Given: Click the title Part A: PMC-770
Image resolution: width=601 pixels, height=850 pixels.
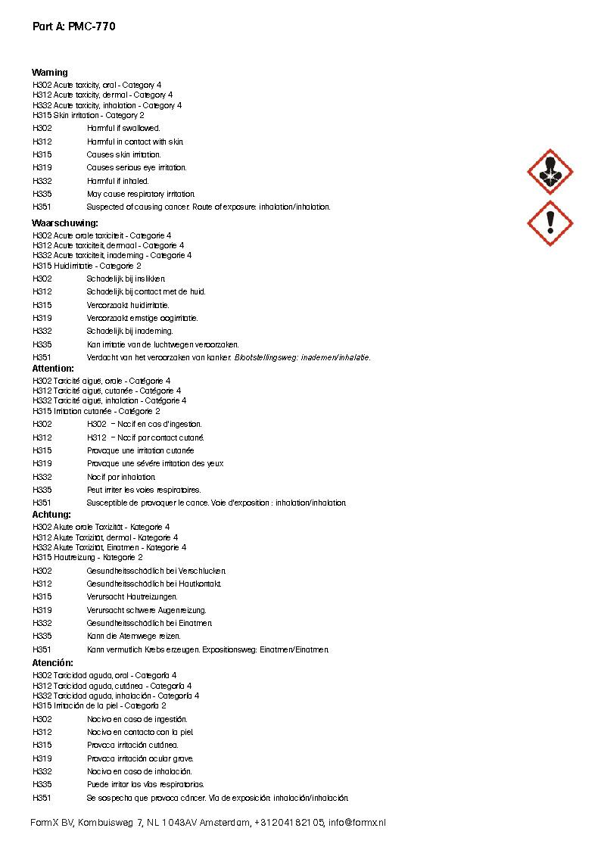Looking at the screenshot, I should point(74,26).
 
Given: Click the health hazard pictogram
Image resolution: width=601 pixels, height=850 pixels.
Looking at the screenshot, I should point(550,173).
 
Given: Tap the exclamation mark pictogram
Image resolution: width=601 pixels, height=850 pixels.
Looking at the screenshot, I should point(550,223).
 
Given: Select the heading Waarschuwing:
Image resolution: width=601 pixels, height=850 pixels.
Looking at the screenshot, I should point(65,223).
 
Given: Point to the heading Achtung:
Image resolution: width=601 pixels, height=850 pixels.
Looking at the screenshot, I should point(51,515).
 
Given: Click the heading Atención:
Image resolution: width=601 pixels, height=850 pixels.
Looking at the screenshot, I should point(53,663).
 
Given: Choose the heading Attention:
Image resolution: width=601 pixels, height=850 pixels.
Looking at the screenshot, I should point(53,369).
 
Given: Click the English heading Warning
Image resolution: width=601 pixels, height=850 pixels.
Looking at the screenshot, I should point(50,73).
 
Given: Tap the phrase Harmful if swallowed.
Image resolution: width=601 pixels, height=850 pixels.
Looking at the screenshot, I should point(123,129).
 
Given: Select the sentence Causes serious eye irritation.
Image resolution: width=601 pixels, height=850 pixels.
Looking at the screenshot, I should point(136,168).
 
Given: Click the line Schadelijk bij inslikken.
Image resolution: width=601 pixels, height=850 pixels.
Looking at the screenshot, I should point(126,279).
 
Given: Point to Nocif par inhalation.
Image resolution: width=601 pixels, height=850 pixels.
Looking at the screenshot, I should point(121,477).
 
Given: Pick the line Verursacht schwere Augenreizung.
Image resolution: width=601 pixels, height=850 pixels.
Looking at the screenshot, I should point(146,610).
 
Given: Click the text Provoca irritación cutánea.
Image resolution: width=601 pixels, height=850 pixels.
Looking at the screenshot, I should point(132,746).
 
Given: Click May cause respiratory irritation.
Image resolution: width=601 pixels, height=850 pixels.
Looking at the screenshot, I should point(141,195).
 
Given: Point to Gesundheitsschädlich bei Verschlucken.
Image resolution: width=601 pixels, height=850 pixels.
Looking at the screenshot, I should point(157,571).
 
